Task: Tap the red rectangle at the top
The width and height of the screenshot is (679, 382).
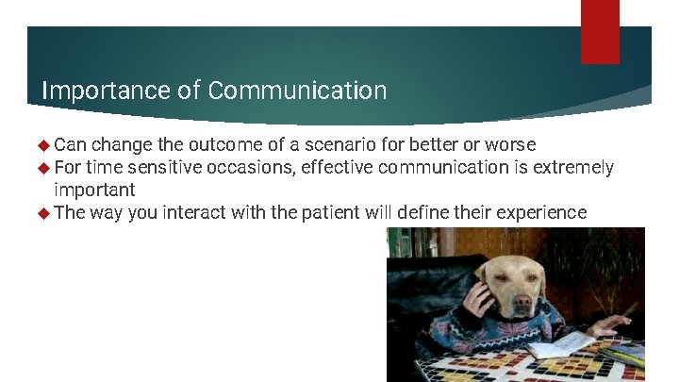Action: coord(600,31)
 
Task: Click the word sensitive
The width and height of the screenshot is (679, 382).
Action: coord(167,168)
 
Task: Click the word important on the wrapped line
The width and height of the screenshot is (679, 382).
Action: coord(94,191)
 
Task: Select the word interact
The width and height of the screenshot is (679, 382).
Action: coord(194,213)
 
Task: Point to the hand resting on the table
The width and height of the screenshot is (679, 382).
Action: coord(612,326)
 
